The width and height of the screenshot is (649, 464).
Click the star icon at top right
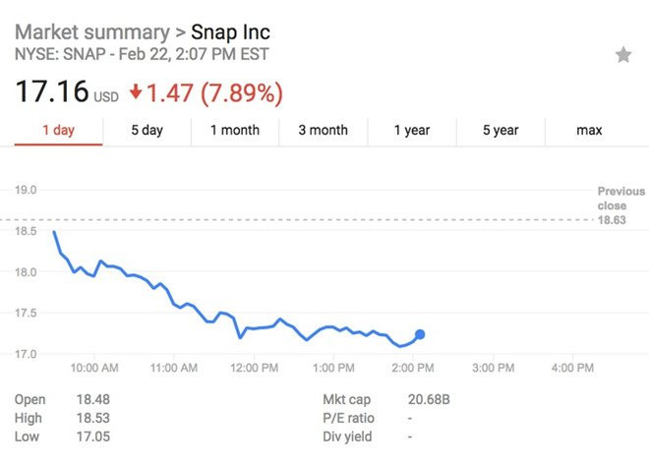[x=623, y=55]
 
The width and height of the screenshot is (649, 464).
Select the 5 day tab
[x=147, y=130]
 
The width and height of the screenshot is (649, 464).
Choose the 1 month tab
[x=235, y=130]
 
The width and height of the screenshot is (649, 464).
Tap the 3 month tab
[x=323, y=130]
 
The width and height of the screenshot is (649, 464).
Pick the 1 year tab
[x=412, y=130]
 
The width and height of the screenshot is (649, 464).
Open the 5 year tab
[x=501, y=130]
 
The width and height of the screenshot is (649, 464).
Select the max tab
[x=589, y=130]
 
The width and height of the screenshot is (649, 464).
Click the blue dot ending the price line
[x=420, y=334]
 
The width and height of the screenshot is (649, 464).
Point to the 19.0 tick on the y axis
[x=27, y=190]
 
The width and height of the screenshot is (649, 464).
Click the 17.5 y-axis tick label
[x=27, y=313]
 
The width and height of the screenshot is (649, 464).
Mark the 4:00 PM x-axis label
[x=572, y=369]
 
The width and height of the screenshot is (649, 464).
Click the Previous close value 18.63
[x=612, y=220]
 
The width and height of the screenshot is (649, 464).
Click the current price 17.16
[x=50, y=94]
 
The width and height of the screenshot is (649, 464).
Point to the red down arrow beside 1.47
[x=136, y=94]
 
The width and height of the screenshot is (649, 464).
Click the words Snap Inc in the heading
[x=230, y=32]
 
